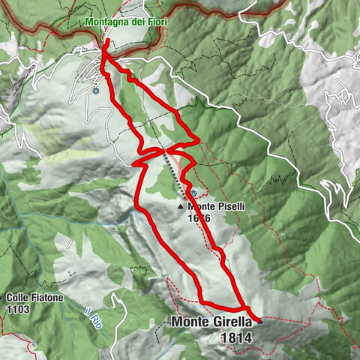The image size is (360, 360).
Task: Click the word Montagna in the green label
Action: pyautogui.click(x=105, y=22)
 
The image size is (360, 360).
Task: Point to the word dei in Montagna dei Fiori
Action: pyautogui.click(x=133, y=22)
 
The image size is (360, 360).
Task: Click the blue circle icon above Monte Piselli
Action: pyautogui.click(x=194, y=193)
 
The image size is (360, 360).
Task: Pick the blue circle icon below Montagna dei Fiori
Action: pyautogui.click(x=97, y=91)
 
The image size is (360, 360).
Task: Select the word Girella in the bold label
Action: pyautogui.click(x=233, y=323)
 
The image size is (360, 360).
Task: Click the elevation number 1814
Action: pyautogui.click(x=236, y=338)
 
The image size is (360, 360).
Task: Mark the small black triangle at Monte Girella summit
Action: pyautogui.click(x=259, y=321)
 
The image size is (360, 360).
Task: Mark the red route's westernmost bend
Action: pyautogui.click(x=133, y=162)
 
